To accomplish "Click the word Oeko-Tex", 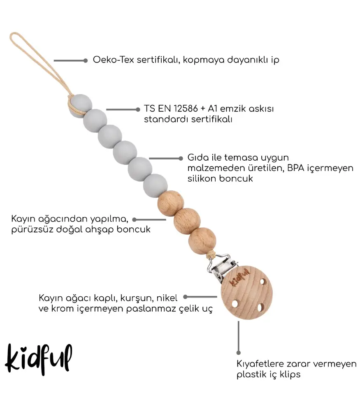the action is pyautogui.click(x=114, y=60).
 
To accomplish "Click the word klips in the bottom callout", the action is pyautogui.click(x=290, y=374).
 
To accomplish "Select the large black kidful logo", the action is pyautogui.click(x=38, y=359).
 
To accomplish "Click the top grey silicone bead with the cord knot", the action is pyautogui.click(x=80, y=106).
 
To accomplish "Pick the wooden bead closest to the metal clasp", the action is pyautogui.click(x=202, y=241).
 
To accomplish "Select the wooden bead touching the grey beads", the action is pyautogui.click(x=171, y=203).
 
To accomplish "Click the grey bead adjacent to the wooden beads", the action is pyautogui.click(x=156, y=186).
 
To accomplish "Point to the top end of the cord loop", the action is pyautogui.click(x=14, y=33).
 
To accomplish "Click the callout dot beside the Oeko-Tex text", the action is pyautogui.click(x=86, y=60).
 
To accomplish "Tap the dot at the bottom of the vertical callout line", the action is pyautogui.click(x=239, y=353).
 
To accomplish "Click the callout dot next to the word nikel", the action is pyautogui.click(x=185, y=297).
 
